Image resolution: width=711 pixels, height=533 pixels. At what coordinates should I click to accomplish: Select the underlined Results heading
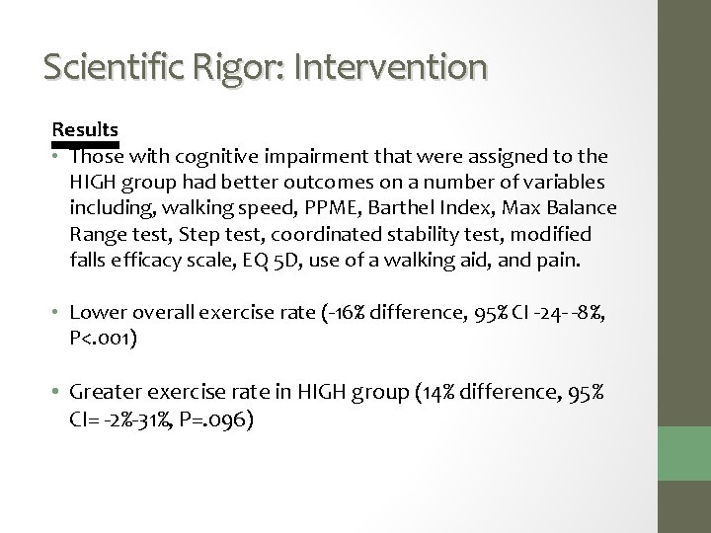click(x=86, y=129)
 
